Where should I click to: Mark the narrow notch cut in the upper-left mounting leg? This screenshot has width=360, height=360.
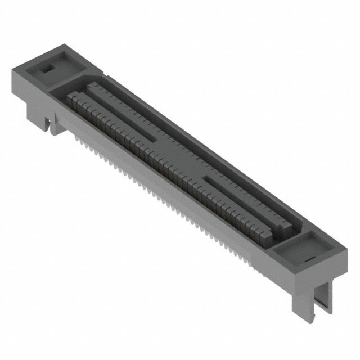point(50,125)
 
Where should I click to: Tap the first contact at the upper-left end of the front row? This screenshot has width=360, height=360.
point(71,100)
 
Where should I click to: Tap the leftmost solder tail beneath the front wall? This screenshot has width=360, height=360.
point(76,134)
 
